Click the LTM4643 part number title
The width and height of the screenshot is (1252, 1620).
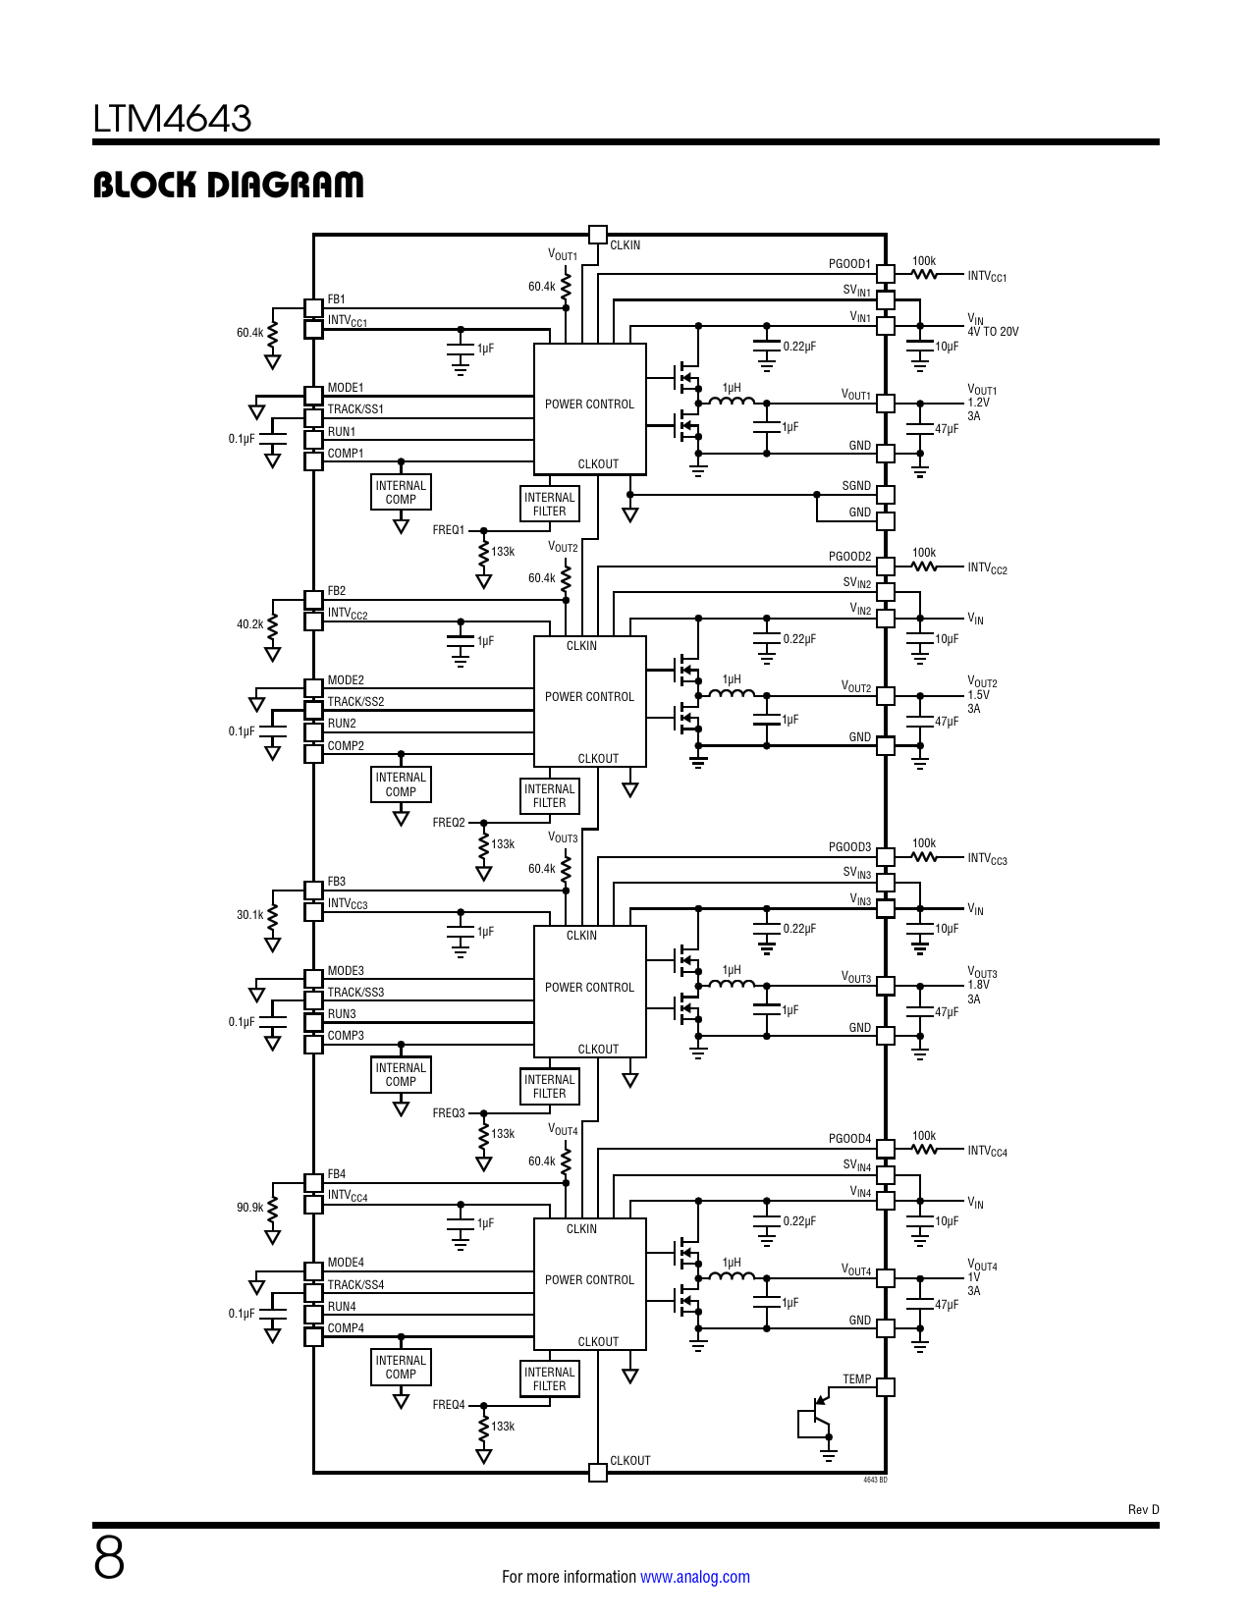172,119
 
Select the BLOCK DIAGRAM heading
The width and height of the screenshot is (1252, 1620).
228,185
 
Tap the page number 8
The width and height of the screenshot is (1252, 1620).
109,1558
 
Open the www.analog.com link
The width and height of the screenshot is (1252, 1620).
694,1577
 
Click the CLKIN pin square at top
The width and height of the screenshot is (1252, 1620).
597,235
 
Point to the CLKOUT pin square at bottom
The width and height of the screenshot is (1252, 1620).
597,1472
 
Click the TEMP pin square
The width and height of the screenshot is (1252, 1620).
886,1387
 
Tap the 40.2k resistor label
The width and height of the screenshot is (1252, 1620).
249,624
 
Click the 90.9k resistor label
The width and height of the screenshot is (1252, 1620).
249,1208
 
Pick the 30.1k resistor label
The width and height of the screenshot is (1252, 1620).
249,915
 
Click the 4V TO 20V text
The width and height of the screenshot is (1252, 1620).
993,332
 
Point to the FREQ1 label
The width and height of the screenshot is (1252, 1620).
449,530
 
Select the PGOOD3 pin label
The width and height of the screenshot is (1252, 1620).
849,847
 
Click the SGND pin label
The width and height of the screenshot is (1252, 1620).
856,486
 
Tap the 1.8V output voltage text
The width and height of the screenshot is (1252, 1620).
979,985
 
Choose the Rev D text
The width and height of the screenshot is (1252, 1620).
1143,1510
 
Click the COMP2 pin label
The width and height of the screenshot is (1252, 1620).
346,746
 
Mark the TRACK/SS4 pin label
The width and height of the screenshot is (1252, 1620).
355,1285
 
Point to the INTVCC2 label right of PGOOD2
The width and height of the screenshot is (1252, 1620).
987,568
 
